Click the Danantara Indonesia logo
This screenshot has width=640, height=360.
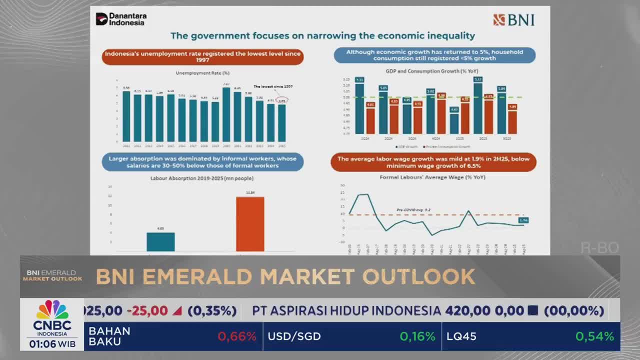[x=121, y=19]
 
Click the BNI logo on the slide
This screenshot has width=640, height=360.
[x=514, y=20]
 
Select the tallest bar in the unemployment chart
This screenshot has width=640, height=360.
[x=226, y=114]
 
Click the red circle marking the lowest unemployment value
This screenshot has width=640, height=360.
[x=282, y=100]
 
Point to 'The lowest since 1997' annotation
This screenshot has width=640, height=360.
[x=272, y=86]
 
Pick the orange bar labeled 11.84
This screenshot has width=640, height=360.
[x=250, y=223]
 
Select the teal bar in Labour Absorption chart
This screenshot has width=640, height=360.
[x=160, y=241]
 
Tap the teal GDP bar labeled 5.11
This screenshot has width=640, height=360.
[x=359, y=107]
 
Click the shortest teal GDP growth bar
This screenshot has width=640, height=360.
[x=454, y=123]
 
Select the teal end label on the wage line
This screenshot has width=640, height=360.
[x=523, y=220]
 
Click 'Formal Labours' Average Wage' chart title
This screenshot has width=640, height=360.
[x=432, y=177]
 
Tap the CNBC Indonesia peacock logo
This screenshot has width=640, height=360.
[x=52, y=310]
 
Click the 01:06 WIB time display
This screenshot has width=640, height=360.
[x=52, y=344]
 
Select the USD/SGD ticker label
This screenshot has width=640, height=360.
[x=294, y=336]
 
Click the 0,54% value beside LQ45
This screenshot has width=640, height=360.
[x=594, y=336]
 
